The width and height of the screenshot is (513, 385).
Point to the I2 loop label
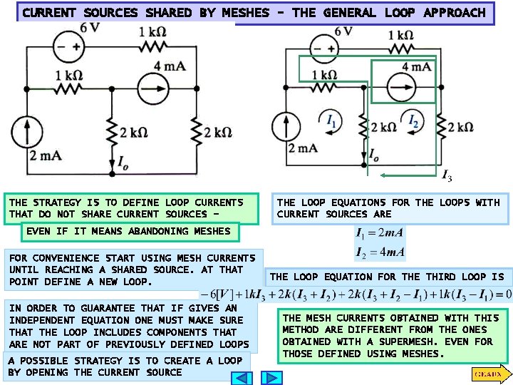(413, 121)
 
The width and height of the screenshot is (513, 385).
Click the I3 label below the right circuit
(447, 176)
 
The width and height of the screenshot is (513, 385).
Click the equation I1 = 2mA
(380, 232)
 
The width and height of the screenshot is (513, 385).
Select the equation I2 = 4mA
(380, 251)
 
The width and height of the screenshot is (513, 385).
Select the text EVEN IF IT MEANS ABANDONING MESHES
(128, 231)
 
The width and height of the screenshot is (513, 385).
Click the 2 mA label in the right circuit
(302, 148)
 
